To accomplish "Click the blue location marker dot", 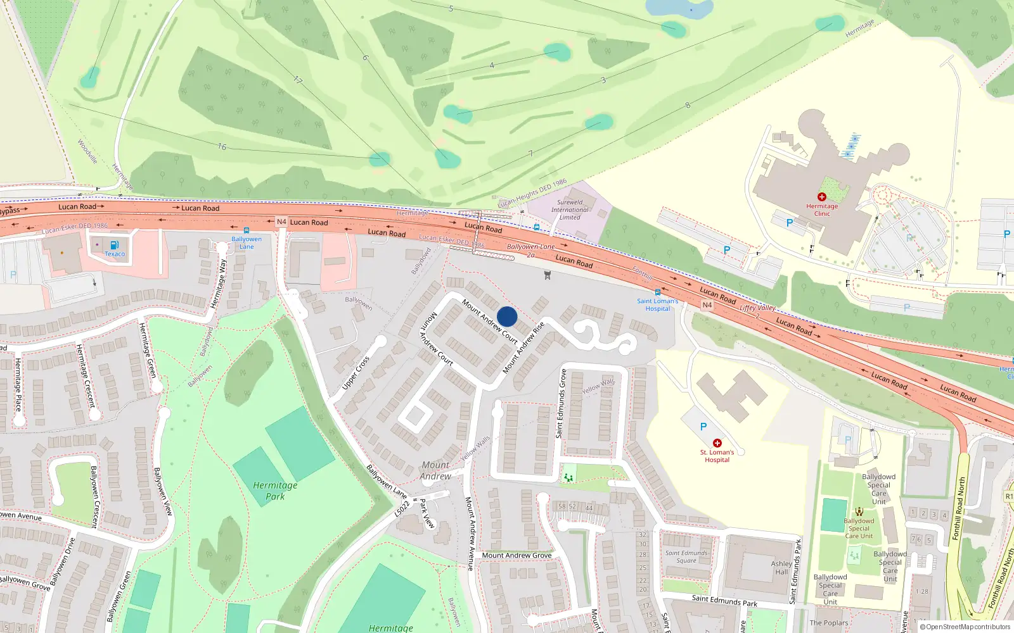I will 507,316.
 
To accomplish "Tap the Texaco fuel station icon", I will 114,245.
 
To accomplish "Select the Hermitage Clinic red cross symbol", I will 822,197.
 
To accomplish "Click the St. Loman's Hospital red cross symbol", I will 717,443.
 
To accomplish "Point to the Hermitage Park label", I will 275,491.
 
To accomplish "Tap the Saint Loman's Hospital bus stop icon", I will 658,292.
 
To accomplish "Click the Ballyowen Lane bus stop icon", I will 246,230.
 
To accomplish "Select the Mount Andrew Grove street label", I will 517,555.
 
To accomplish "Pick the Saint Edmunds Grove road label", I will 560,404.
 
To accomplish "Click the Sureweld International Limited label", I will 570,210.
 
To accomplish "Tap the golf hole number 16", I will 222,147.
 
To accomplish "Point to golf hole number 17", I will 298,80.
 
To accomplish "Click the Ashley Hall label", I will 781,567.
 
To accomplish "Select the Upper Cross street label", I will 356,373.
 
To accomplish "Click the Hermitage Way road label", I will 219,284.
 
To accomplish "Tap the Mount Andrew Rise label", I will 523,348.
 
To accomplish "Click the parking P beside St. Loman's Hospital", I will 703,427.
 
